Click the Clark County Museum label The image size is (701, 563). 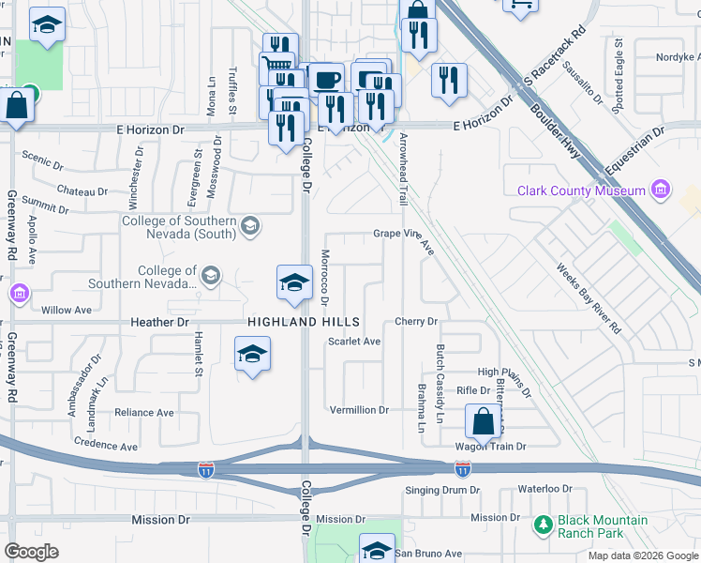coord(581,190)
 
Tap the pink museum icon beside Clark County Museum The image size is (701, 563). coord(662,190)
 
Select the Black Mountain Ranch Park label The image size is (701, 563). coord(603,527)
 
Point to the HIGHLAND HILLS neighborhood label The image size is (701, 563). coord(291,322)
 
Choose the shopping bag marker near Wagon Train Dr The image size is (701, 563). coord(483,421)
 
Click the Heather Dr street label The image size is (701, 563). coord(161,322)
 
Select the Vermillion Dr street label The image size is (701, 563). coord(359,410)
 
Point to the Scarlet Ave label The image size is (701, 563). coord(354,342)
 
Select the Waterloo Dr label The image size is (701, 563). coord(545,489)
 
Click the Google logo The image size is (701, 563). coord(31,552)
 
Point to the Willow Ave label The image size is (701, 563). coord(67,309)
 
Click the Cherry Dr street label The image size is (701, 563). coord(417,322)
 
